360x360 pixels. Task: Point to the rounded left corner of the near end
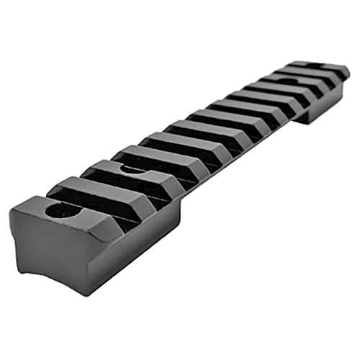tap(16, 216)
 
